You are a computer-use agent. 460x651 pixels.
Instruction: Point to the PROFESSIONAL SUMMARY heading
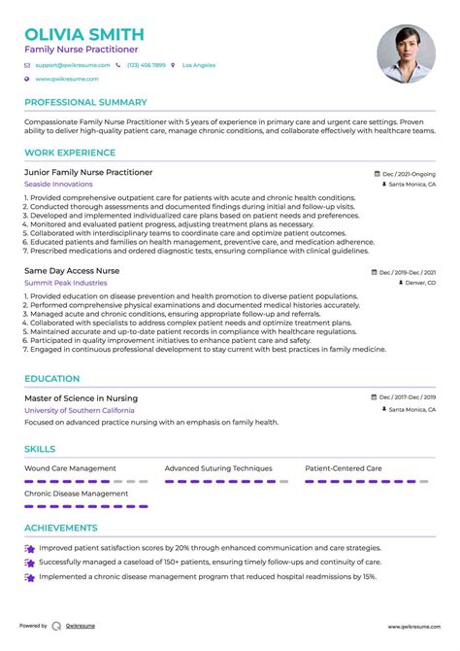tap(85, 102)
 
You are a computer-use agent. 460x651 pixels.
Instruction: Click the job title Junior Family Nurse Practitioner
tap(88, 172)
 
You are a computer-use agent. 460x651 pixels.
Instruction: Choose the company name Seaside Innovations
tap(60, 185)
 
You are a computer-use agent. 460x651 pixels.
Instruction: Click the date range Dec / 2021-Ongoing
tap(408, 173)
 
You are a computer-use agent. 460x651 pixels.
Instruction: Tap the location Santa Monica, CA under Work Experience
tap(411, 184)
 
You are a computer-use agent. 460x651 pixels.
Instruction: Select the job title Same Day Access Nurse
tap(72, 271)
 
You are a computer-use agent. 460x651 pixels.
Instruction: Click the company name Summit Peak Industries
tap(67, 284)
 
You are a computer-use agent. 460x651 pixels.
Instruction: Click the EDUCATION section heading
tap(52, 379)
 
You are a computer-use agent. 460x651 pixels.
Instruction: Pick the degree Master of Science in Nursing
tap(81, 398)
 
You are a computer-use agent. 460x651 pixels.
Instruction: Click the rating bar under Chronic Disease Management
tap(85, 506)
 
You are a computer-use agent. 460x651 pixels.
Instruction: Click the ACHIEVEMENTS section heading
tap(60, 529)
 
